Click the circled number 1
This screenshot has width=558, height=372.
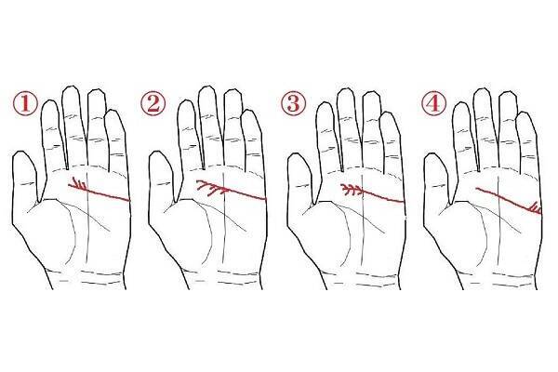click(x=25, y=103)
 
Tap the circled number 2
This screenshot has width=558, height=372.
click(x=153, y=103)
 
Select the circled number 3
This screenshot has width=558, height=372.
click(x=294, y=103)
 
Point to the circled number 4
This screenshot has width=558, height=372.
click(x=433, y=103)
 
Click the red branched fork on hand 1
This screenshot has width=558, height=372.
click(x=79, y=184)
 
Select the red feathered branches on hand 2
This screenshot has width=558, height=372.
click(x=212, y=188)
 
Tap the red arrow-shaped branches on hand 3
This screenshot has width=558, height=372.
click(x=352, y=190)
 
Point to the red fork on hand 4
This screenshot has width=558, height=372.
click(x=535, y=208)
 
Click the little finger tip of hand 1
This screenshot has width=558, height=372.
click(x=114, y=111)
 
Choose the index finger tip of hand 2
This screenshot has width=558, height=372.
click(x=187, y=101)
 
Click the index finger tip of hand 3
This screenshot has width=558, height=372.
click(x=325, y=103)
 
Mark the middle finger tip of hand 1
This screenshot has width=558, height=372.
click(x=71, y=87)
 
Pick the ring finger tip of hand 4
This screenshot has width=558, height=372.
click(x=508, y=93)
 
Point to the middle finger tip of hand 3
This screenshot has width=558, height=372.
click(x=345, y=89)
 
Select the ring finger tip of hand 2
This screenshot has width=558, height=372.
click(x=233, y=91)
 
